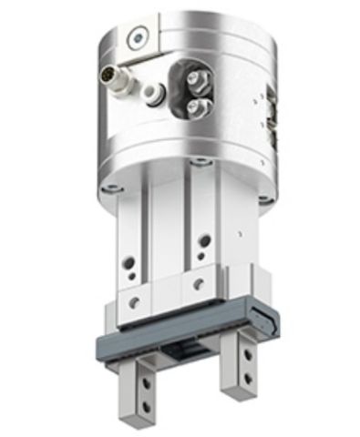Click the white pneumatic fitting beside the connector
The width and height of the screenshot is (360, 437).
coord(150,90)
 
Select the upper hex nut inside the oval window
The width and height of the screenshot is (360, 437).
coord(194,80)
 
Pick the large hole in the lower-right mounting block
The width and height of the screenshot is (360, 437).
coord(193,286)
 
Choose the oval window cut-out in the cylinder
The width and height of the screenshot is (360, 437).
coord(195,91)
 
